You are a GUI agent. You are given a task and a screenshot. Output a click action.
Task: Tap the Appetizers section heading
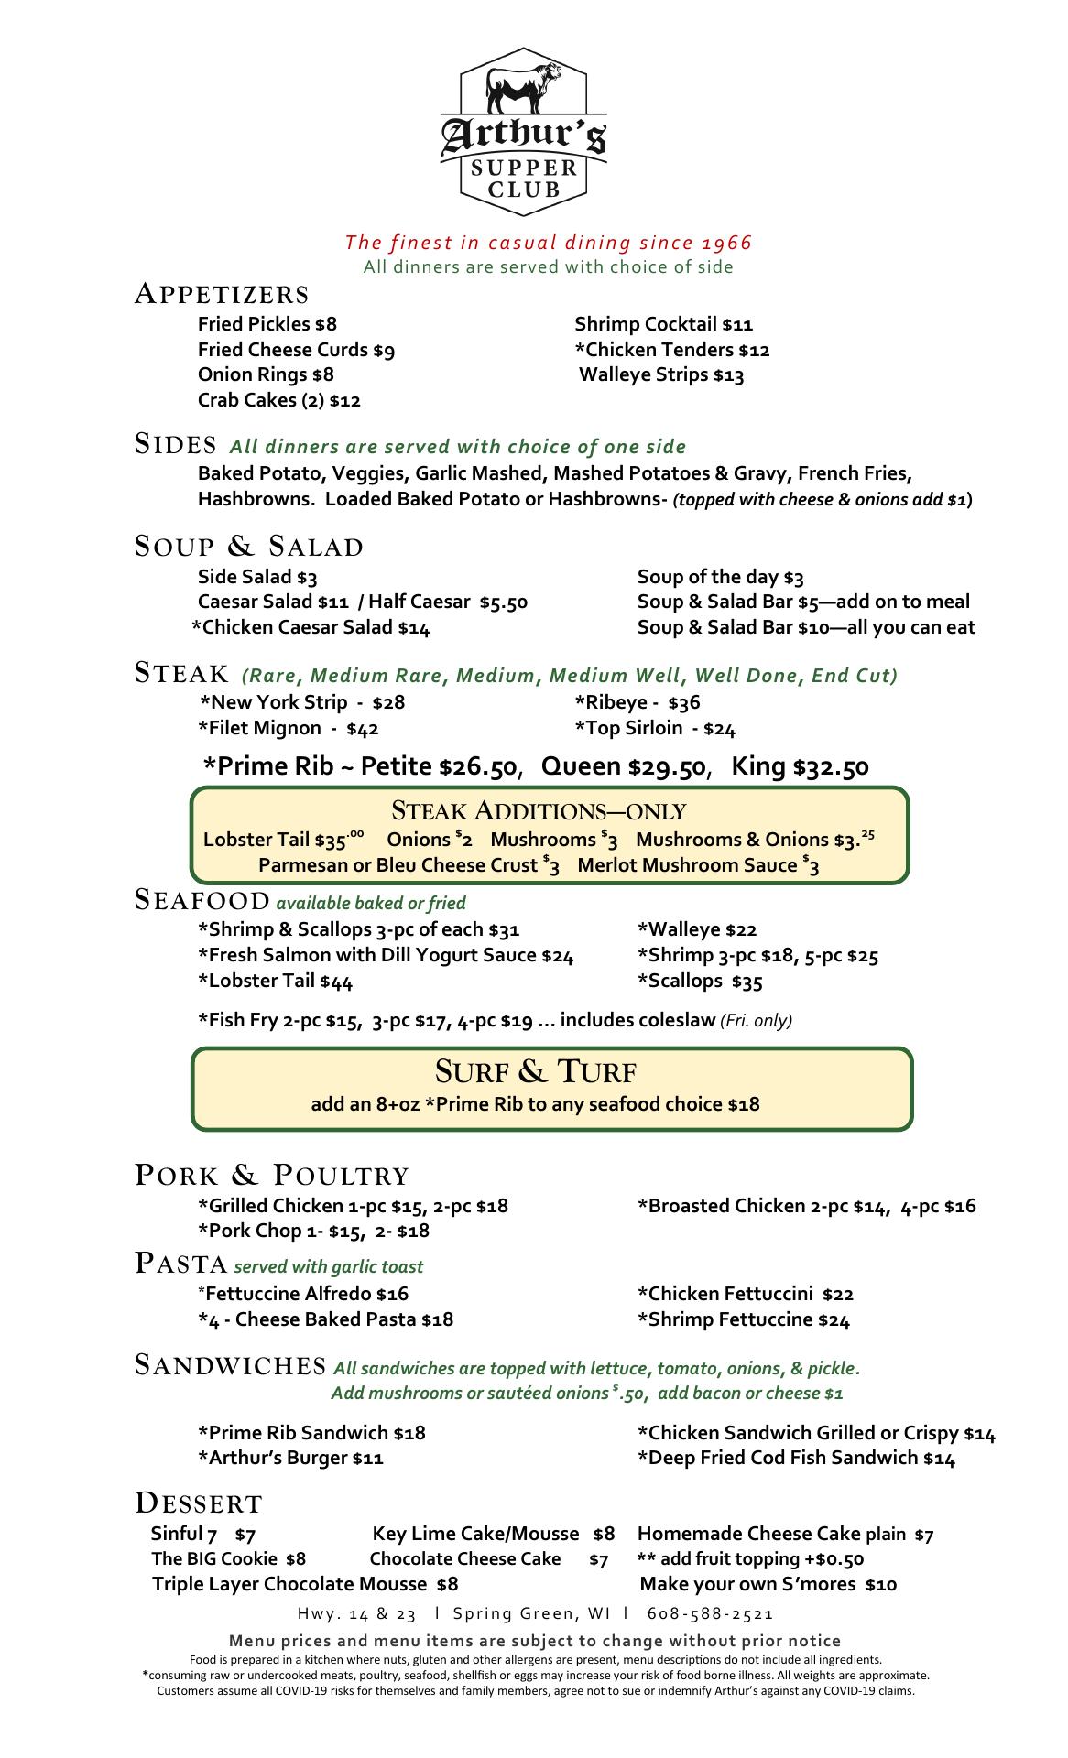tap(222, 295)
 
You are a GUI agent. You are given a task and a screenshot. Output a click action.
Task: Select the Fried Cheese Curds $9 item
tap(296, 350)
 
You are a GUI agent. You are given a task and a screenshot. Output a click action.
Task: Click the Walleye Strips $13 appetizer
tap(661, 374)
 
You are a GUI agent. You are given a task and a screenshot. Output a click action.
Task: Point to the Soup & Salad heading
tap(249, 547)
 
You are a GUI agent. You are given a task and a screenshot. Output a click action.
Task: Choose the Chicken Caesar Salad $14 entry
tap(311, 627)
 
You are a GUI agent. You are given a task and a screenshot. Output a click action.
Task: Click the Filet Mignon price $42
tap(363, 729)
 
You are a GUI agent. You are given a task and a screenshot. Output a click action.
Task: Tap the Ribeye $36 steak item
tap(638, 702)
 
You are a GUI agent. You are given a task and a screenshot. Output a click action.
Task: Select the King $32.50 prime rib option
tap(800, 766)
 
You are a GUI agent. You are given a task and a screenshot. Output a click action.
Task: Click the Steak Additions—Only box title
tap(539, 811)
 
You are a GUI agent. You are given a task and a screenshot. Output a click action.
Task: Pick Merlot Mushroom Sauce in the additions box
tap(698, 865)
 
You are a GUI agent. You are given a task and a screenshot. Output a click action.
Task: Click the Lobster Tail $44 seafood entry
tap(275, 982)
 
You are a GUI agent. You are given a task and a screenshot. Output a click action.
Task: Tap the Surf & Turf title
tap(536, 1071)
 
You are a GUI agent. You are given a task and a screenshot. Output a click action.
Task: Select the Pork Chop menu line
tap(313, 1231)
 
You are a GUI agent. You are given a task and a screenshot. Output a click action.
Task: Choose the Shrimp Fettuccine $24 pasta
tap(744, 1319)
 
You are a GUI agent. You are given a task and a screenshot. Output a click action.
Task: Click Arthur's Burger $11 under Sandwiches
tap(290, 1458)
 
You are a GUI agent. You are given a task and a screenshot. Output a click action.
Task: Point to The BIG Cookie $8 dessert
tap(228, 1558)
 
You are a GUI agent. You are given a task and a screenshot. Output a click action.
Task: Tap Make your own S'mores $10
tap(768, 1584)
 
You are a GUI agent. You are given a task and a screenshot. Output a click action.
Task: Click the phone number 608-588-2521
tap(710, 1613)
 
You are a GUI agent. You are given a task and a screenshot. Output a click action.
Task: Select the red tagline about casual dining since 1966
tap(549, 243)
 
